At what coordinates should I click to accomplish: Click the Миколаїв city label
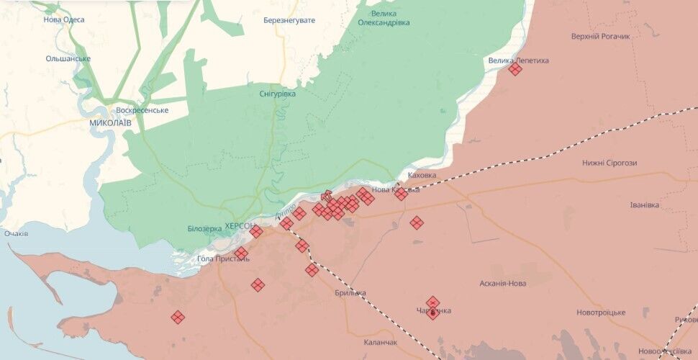click(x=110, y=123)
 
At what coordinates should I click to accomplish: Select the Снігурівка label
click(x=277, y=94)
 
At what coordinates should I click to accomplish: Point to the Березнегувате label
click(x=289, y=20)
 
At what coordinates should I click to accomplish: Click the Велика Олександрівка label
click(x=384, y=18)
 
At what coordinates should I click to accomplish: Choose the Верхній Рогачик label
click(x=600, y=36)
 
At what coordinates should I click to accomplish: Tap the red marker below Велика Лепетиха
click(x=515, y=69)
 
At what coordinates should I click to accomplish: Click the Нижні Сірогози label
click(x=609, y=163)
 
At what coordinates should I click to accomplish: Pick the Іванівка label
click(x=644, y=205)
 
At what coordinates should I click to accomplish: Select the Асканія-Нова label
click(x=502, y=284)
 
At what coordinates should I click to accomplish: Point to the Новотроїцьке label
click(x=601, y=312)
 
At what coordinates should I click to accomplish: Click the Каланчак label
click(x=381, y=343)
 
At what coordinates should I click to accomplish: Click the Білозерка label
click(x=204, y=229)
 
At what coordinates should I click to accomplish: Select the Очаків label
click(x=16, y=234)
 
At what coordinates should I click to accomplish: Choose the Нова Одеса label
click(x=63, y=19)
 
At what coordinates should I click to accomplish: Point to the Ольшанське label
click(x=68, y=58)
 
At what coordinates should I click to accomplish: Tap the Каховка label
click(x=422, y=175)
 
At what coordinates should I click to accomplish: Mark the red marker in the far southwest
click(x=178, y=317)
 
